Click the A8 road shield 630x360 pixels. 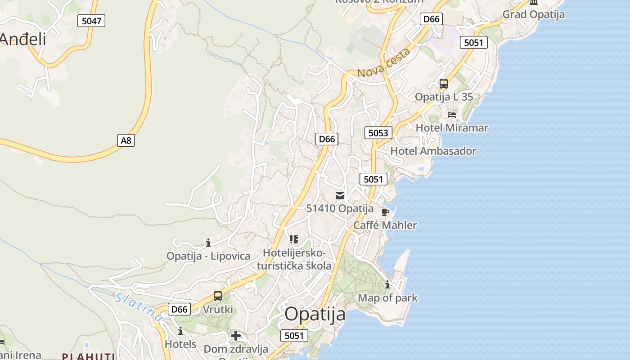[x=126, y=140]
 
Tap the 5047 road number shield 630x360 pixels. [x=91, y=20]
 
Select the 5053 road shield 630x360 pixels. [x=378, y=132]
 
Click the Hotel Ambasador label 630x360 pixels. [x=433, y=151]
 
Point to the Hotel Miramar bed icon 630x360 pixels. [x=452, y=115]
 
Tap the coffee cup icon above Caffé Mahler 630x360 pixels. [x=385, y=211]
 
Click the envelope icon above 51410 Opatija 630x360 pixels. [x=340, y=195]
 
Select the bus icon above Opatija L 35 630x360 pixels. [x=444, y=84]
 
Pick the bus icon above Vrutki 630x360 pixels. [x=218, y=296]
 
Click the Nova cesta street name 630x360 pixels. [x=384, y=63]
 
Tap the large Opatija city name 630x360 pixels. [x=315, y=314]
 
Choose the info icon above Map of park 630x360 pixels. [x=387, y=285]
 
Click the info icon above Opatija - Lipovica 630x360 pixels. [x=208, y=243]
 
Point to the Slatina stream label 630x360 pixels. [x=139, y=307]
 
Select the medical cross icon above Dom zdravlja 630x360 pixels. [x=236, y=336]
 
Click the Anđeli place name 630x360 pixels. [x=23, y=39]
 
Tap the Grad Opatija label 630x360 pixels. [x=533, y=14]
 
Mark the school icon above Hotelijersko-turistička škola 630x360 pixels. [x=294, y=239]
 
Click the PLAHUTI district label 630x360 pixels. [x=88, y=356]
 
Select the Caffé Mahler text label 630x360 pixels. [x=385, y=225]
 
